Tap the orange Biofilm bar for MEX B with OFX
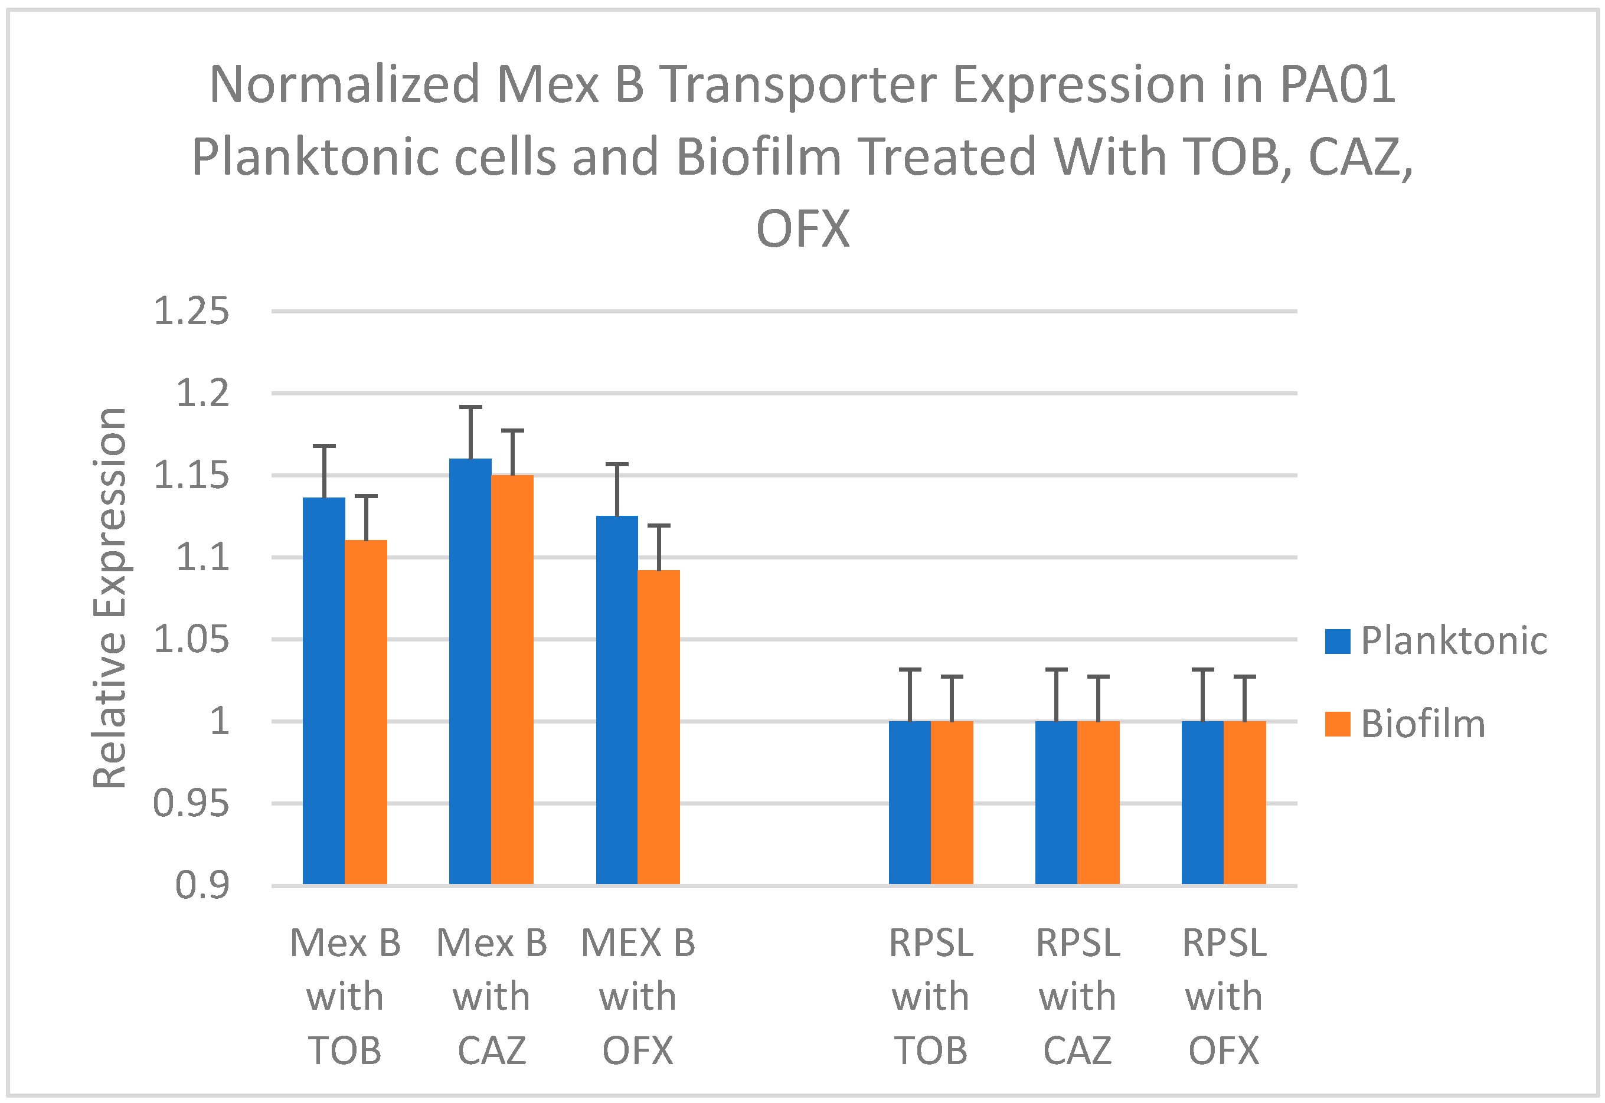[659, 726]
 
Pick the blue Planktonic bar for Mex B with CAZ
[470, 670]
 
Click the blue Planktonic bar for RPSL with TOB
[910, 801]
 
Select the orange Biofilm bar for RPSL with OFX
[1244, 801]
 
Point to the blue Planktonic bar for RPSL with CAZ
[1056, 801]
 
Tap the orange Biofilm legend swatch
[1338, 724]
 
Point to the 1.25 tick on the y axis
[191, 311]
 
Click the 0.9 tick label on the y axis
[202, 885]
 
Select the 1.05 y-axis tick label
[191, 639]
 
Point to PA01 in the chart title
[1337, 85]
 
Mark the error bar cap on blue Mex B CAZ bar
[470, 407]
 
